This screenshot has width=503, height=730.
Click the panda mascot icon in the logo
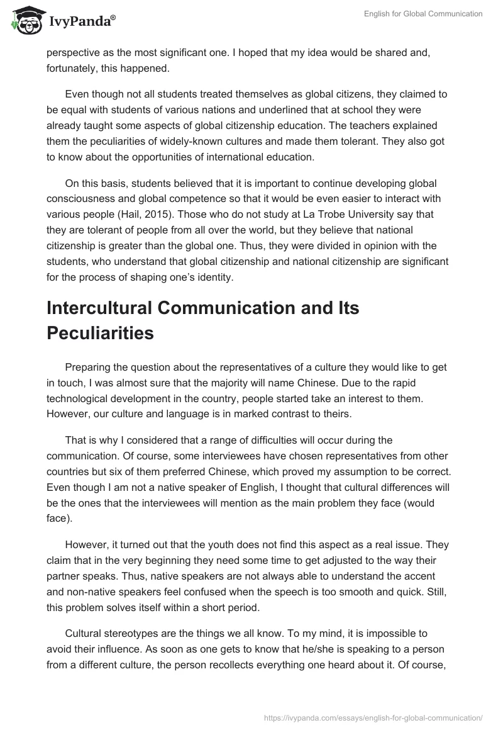25,21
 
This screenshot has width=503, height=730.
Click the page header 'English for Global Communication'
423,14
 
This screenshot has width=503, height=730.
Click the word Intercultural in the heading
108,308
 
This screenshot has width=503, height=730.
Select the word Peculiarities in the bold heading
100,333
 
